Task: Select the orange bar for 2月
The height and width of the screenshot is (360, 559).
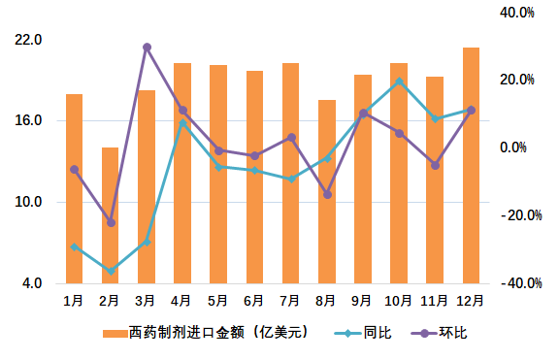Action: click(110, 215)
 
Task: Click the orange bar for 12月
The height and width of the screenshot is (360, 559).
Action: click(471, 165)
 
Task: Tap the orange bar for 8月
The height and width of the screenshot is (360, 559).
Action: click(326, 191)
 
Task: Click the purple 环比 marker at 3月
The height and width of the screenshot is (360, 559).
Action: click(147, 47)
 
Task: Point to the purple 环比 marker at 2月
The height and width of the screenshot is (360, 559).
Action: click(111, 223)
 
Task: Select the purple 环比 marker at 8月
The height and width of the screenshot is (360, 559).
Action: click(327, 195)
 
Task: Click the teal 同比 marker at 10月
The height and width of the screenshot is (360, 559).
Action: click(399, 81)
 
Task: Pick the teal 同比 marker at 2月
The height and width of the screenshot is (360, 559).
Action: click(111, 271)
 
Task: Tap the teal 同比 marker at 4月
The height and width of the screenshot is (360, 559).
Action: click(182, 123)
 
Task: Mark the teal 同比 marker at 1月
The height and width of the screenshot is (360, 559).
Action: click(75, 246)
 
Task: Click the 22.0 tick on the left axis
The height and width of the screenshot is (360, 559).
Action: click(29, 40)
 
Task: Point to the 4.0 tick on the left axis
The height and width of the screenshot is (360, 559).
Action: click(33, 283)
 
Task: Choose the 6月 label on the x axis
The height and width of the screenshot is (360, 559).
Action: click(254, 300)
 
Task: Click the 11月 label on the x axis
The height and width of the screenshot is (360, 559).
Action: click(434, 300)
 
